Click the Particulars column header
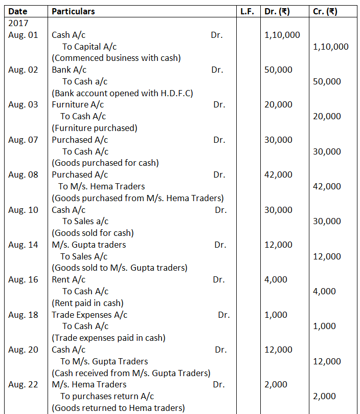(73, 11)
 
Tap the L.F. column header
(247, 11)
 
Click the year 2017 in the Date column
(18, 23)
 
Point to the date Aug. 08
(23, 175)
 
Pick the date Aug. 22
(23, 384)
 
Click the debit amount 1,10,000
(282, 35)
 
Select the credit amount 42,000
(327, 186)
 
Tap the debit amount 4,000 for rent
(276, 279)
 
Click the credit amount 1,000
(324, 326)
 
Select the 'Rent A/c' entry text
(69, 279)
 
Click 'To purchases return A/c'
(107, 396)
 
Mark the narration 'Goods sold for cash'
(93, 233)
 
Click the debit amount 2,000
(276, 384)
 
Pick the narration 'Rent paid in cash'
(87, 303)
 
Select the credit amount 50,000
(327, 81)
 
